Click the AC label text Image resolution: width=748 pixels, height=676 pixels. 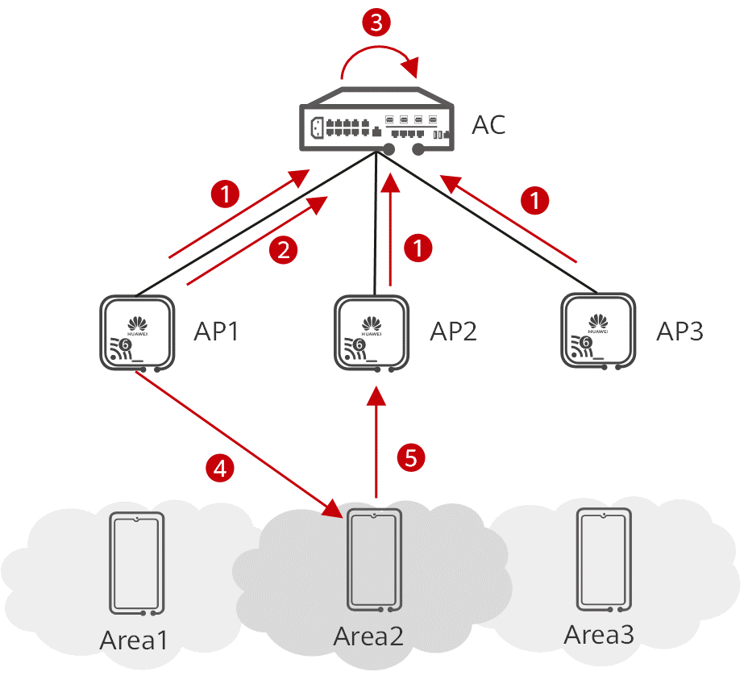(488, 125)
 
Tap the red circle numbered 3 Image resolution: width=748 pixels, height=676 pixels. (375, 23)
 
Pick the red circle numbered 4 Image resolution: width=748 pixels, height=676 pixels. (221, 467)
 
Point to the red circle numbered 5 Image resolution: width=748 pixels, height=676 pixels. (411, 458)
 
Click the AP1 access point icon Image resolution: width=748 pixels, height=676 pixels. (138, 333)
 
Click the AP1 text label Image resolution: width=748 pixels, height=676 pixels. (216, 332)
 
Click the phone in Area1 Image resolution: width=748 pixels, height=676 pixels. (137, 562)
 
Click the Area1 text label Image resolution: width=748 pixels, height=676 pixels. (135, 641)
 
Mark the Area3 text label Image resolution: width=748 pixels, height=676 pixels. (599, 635)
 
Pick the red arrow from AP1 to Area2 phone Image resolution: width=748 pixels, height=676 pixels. (242, 447)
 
